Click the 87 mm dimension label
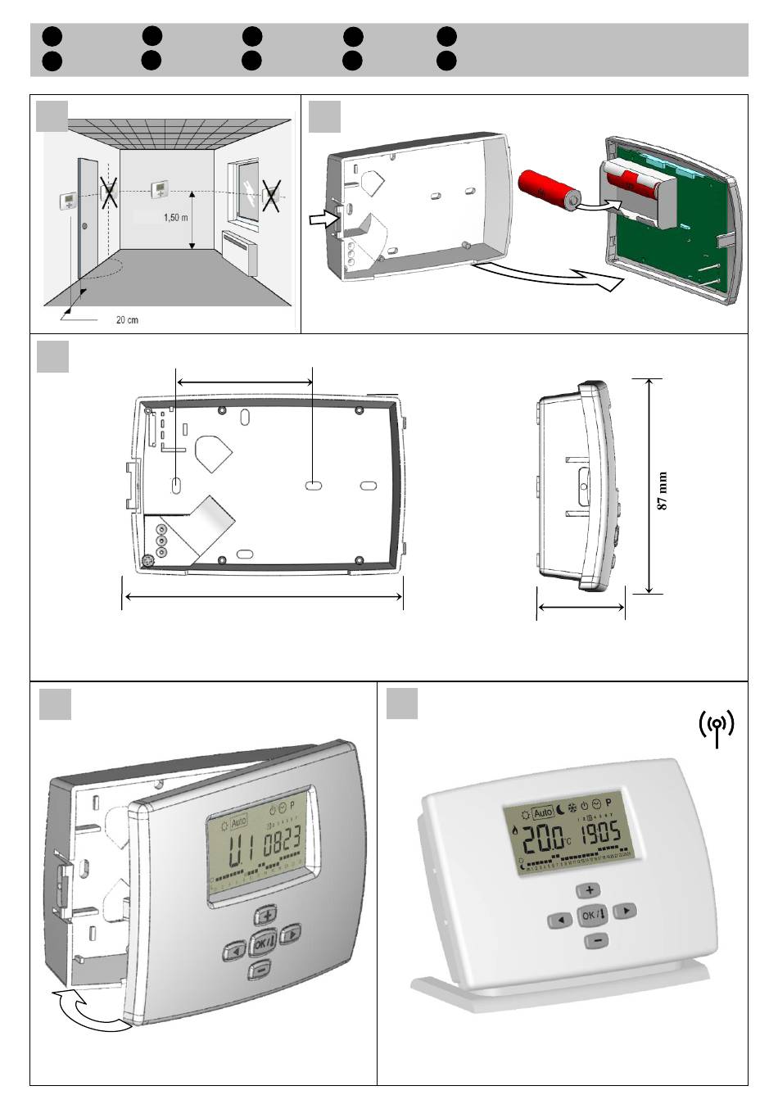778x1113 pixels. [663, 491]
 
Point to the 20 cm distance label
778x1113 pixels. [126, 319]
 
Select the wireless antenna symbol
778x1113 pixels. [717, 727]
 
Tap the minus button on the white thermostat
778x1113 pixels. [597, 940]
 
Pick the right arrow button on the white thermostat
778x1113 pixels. [625, 909]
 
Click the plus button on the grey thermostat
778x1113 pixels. [266, 916]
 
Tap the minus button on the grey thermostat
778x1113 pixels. [260, 971]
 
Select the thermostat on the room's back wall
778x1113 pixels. [160, 190]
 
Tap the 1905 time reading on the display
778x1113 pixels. [602, 835]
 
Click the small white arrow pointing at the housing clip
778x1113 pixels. [322, 219]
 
